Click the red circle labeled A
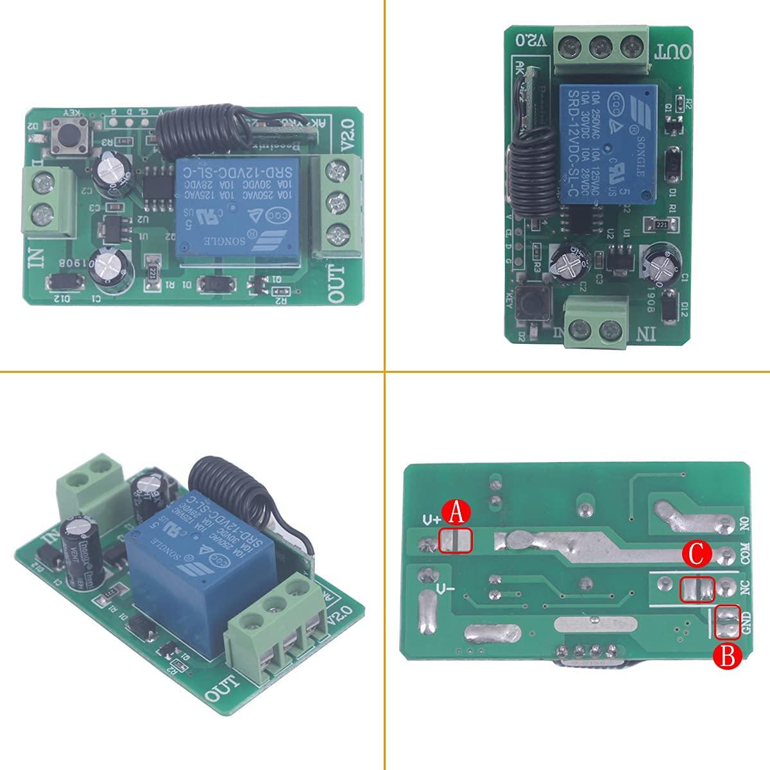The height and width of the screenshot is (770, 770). point(456,513)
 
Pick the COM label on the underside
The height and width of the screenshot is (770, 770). point(745,553)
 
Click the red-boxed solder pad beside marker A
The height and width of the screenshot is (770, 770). point(455,540)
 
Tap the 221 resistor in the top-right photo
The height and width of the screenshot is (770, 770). point(662,223)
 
